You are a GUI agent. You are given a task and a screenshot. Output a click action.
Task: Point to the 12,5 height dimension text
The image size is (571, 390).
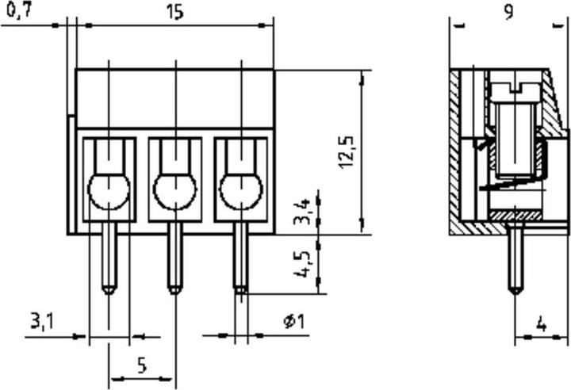[x=347, y=151]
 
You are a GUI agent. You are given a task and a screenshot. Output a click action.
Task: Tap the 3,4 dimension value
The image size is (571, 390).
[x=303, y=212]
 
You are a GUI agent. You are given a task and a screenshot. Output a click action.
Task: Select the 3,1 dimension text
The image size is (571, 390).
[x=42, y=321]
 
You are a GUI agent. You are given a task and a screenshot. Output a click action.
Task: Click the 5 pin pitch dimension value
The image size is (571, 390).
[x=142, y=365]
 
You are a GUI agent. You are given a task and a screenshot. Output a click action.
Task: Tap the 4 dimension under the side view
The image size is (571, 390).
[x=541, y=325]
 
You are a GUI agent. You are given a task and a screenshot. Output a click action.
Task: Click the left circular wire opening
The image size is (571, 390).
[x=109, y=190]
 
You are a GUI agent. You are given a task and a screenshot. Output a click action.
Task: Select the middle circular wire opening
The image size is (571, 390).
[x=174, y=190]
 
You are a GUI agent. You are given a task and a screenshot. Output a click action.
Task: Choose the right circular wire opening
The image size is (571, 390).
[x=240, y=190]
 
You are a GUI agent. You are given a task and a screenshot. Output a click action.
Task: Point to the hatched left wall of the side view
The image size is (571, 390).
[x=455, y=151]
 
